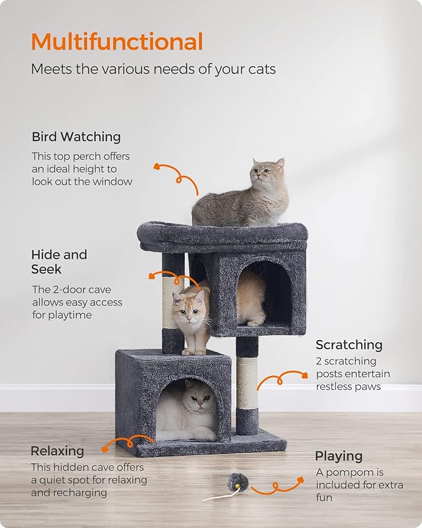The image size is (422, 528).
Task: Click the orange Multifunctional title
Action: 117,42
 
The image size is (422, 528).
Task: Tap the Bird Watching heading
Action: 76,137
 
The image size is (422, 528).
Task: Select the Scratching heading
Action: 349,345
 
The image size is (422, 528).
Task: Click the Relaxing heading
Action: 57,450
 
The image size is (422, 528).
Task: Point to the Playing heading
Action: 338,456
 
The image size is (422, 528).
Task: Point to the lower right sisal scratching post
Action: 247,382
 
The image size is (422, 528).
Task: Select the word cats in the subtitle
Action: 261,69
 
